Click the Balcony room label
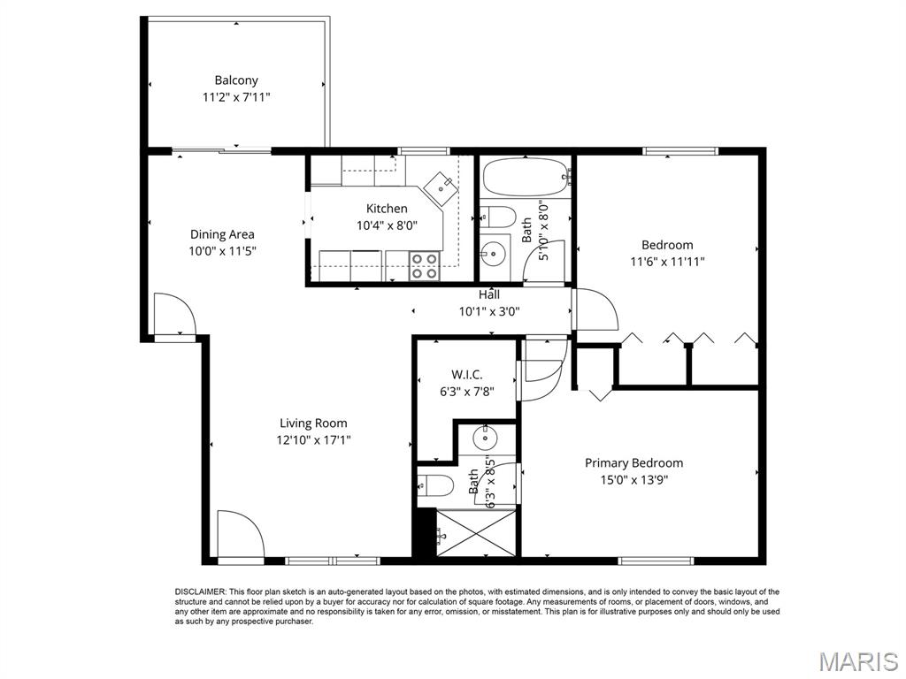(236, 80)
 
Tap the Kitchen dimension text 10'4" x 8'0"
(388, 225)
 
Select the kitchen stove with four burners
(425, 265)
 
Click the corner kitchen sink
(440, 187)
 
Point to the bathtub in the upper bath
(526, 177)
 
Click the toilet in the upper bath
(497, 217)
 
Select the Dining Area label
(222, 234)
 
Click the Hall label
(489, 294)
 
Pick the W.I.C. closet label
(466, 375)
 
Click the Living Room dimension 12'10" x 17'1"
(313, 439)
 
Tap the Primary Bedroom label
(633, 462)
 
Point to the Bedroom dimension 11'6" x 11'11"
(667, 261)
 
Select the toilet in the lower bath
(434, 484)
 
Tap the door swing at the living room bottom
(240, 535)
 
